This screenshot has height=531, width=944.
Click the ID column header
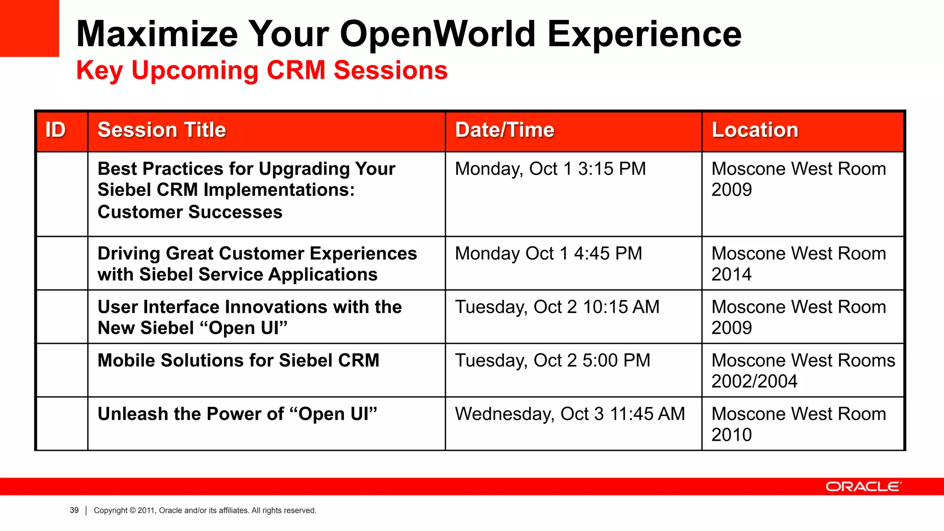tap(56, 130)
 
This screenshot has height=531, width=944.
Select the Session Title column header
tap(162, 130)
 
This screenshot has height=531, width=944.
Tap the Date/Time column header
tap(504, 130)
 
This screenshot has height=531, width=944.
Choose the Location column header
tap(755, 130)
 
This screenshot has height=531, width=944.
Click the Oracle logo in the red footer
tap(863, 487)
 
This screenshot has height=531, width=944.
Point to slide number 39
tap(74, 510)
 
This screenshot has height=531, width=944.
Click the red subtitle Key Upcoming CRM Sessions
tap(261, 71)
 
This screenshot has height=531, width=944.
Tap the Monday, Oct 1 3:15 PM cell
tap(550, 169)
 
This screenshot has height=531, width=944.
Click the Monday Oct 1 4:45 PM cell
tap(548, 254)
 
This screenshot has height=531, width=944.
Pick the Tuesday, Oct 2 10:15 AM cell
tap(557, 307)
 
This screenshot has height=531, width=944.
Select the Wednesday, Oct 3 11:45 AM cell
tap(570, 414)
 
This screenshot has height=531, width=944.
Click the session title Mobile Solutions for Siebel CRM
tap(238, 360)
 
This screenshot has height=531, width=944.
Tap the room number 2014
tap(731, 275)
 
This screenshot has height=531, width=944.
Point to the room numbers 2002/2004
tap(754, 382)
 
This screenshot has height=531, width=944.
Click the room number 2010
tap(731, 435)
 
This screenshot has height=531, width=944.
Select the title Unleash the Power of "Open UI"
tap(237, 414)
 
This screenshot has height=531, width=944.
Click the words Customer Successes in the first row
tap(190, 212)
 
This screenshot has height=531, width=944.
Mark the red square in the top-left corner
tap(29, 28)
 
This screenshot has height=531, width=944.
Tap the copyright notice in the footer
tap(205, 510)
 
